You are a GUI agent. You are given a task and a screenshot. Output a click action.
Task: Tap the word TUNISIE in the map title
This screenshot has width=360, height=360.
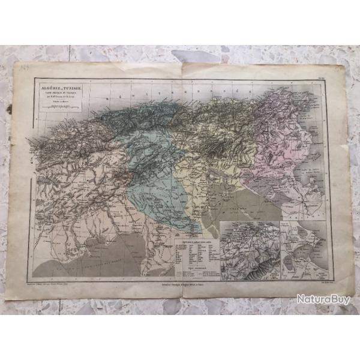pos(76,88)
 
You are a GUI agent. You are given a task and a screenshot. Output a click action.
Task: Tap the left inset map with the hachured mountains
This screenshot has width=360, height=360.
pos(250,249)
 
